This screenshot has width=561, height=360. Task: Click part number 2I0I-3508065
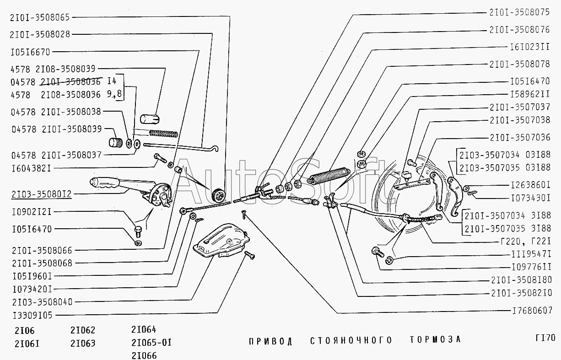coord(39,18)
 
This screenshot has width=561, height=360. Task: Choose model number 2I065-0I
coord(151,342)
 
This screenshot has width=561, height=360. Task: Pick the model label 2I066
coord(144,355)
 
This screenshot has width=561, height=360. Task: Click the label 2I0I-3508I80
coord(520,280)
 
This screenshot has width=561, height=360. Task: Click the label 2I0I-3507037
coord(519,107)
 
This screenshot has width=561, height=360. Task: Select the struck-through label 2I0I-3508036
coord(71,82)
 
